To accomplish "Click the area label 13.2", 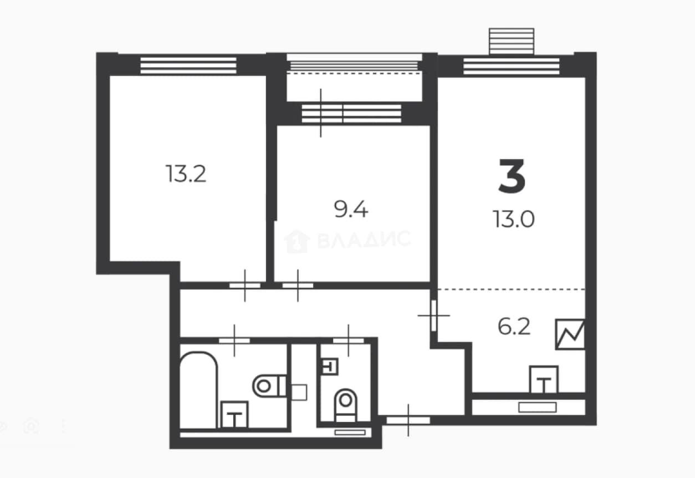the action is click(186, 174).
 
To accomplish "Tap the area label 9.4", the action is click(351, 209).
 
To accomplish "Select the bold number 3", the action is click(512, 176).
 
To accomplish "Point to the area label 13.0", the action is click(514, 219).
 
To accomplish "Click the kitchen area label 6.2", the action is click(514, 327).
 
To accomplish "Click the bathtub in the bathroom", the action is click(198, 389).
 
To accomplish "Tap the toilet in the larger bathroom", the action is click(269, 386).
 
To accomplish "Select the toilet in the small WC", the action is click(346, 405).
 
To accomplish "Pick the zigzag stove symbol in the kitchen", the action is click(570, 334).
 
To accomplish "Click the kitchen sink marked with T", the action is click(544, 380).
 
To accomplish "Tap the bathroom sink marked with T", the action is click(234, 415).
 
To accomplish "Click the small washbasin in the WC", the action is click(329, 367).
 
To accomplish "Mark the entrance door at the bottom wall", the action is click(408, 420).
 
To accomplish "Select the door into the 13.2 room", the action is click(245, 286).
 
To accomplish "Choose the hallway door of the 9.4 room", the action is click(298, 286).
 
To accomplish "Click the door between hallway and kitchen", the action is click(434, 316).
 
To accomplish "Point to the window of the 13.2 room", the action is click(188, 65).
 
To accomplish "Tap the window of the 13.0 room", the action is click(512, 67).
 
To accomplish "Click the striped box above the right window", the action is click(512, 41).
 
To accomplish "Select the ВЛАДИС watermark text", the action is click(364, 240).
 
